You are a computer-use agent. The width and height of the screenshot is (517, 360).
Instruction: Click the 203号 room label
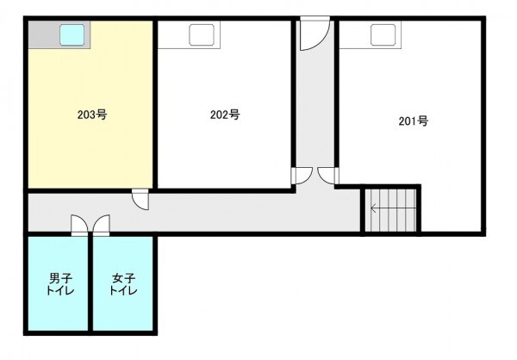(92, 115)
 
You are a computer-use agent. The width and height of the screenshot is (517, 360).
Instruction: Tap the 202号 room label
(225, 115)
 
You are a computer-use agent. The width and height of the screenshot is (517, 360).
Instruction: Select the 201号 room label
(414, 121)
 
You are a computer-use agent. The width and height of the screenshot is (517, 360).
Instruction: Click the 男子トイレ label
(60, 284)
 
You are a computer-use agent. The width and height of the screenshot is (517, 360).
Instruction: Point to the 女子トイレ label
(123, 284)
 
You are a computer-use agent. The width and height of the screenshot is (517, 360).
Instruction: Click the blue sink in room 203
(72, 34)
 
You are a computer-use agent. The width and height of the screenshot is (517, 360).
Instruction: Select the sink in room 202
(202, 34)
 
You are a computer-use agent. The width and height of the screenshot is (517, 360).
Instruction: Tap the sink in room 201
(383, 34)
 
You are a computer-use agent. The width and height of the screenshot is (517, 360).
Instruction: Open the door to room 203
(140, 199)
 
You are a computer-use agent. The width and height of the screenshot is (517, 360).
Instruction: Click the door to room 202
(302, 176)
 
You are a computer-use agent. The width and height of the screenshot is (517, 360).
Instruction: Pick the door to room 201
(328, 176)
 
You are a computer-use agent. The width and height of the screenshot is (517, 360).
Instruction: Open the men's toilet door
(79, 226)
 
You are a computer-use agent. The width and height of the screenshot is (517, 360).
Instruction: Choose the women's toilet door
(101, 226)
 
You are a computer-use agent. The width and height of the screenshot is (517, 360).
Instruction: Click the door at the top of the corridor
(315, 34)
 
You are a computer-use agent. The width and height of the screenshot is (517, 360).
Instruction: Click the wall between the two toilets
(90, 283)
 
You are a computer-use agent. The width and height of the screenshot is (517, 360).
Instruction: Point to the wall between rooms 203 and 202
(155, 105)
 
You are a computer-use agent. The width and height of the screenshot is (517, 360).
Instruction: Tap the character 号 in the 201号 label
(423, 121)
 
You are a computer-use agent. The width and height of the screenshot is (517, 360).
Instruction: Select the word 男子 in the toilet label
(60, 278)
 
